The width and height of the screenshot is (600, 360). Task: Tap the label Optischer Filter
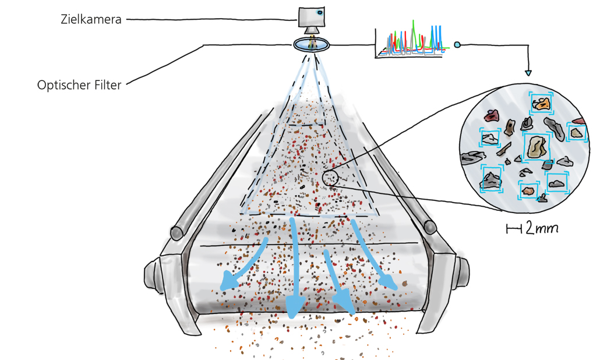pos(79,85)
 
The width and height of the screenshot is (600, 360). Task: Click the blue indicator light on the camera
pos(320,12)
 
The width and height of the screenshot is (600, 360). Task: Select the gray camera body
pos(312,16)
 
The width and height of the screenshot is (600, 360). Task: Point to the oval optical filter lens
pos(312,45)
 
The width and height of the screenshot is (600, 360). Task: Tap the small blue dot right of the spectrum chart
pos(457,44)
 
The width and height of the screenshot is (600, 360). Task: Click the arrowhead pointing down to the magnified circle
pos(528,73)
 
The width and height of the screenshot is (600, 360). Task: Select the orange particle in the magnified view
pos(541,104)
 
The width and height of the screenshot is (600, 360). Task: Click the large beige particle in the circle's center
pos(537,147)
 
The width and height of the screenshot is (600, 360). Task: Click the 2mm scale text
pos(542,229)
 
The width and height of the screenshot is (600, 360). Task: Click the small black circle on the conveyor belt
pos(330,178)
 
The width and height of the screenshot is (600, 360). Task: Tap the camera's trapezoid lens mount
pos(312,30)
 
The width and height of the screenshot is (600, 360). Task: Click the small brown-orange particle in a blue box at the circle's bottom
pos(529,190)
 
